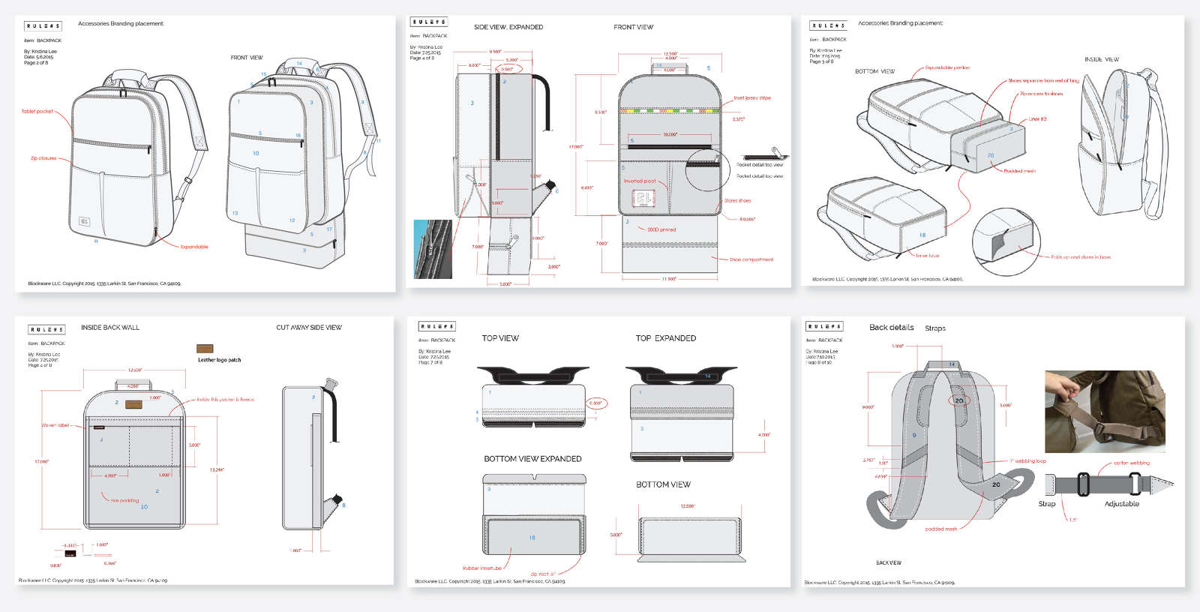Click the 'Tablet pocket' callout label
tap(37, 112)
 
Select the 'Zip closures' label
tap(43, 158)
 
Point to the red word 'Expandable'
tap(194, 247)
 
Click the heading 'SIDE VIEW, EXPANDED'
tap(508, 27)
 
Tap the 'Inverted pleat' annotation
tap(640, 181)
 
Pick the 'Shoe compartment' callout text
tap(751, 259)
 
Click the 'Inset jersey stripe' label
tap(751, 98)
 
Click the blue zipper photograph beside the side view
tap(433, 249)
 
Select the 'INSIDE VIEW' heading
tap(1101, 59)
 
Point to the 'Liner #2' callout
tap(1037, 119)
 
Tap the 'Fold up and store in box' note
tap(1081, 257)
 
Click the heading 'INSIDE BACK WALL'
tap(110, 328)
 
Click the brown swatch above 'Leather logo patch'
tap(205, 349)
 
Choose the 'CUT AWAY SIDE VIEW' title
tap(309, 328)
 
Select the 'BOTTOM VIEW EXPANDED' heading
tap(532, 459)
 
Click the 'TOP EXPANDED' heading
tap(666, 338)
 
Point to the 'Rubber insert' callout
tap(482, 568)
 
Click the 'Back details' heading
tap(891, 328)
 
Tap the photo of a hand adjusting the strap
tap(1105, 411)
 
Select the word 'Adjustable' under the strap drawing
tap(1121, 504)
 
